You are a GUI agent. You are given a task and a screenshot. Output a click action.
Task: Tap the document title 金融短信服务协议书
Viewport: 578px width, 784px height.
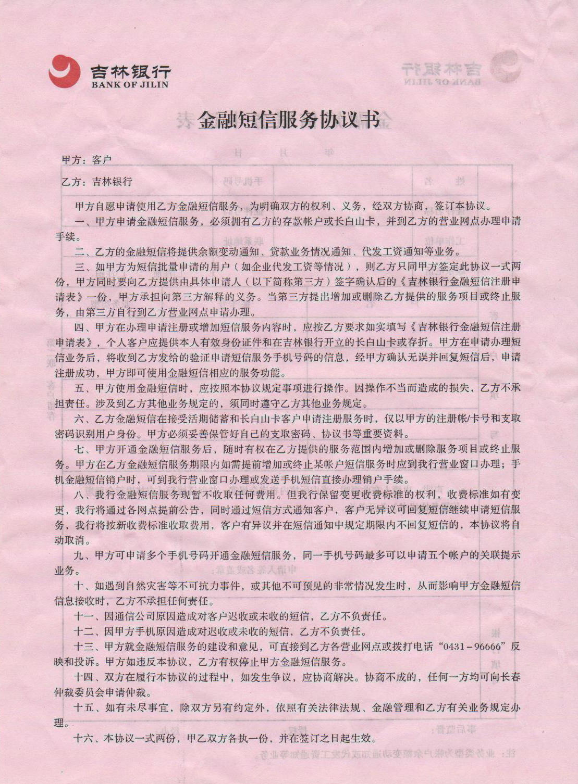pos(288,120)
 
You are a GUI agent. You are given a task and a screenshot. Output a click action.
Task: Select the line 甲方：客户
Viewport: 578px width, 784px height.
pos(87,160)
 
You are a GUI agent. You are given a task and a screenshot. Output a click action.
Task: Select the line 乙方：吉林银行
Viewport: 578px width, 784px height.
pos(97,182)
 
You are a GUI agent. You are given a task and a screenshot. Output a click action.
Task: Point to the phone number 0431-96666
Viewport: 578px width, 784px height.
pos(473,647)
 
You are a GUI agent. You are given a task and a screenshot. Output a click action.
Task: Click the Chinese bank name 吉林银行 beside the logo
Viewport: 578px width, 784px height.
pos(130,70)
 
